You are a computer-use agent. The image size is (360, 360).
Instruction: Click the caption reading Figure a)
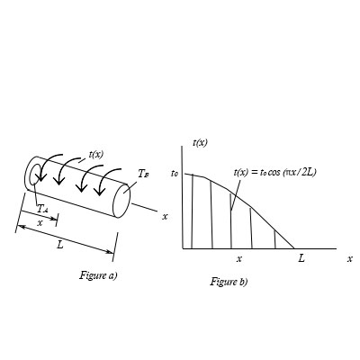(98, 274)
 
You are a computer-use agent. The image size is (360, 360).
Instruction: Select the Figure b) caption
(229, 282)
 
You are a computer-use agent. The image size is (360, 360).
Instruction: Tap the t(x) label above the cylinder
(95, 154)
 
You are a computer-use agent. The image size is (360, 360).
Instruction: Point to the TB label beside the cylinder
(144, 172)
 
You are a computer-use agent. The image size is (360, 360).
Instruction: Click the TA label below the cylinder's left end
(41, 209)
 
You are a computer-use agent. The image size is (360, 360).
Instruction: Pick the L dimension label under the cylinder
(59, 243)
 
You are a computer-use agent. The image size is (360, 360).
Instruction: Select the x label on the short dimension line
(39, 221)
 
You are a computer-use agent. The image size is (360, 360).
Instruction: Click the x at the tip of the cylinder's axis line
(165, 216)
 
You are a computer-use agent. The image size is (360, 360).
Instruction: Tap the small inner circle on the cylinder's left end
(36, 174)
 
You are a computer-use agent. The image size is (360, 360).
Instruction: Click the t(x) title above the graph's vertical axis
(201, 141)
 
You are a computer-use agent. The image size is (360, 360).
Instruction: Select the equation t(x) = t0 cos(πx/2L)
(274, 171)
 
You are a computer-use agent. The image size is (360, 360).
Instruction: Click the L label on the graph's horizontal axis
(301, 258)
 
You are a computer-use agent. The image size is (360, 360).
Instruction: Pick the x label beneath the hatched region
(238, 258)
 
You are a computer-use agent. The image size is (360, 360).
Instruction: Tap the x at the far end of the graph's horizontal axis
(349, 258)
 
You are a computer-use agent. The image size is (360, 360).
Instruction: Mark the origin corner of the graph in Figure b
(183, 247)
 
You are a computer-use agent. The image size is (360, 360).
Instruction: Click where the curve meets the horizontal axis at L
(294, 247)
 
